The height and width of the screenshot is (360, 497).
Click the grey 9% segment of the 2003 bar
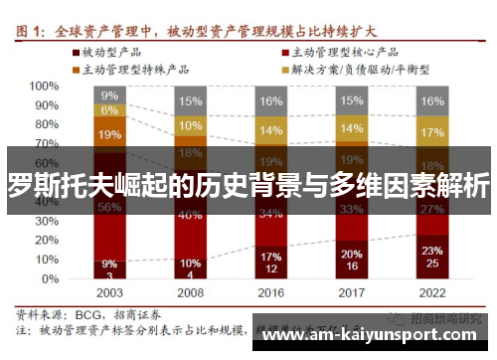point(109,95)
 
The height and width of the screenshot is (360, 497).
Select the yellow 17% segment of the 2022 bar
point(431,133)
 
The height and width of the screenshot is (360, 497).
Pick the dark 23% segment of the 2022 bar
point(431,257)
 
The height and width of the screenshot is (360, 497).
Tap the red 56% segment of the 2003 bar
point(109,207)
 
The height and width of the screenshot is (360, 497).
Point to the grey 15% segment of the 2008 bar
point(190,100)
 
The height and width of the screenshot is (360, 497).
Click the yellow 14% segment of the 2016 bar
point(270,130)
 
